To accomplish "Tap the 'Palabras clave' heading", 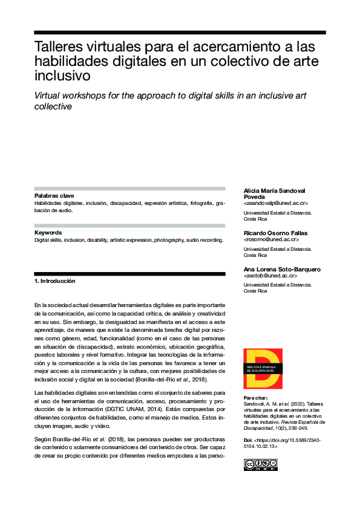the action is (54, 196).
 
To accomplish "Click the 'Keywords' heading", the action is (48, 232).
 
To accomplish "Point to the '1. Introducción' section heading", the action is (55, 281).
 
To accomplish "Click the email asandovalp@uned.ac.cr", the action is (275, 204).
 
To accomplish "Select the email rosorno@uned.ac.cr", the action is (271, 240).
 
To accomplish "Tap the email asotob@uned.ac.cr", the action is (270, 276).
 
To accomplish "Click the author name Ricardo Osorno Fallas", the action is (275, 233).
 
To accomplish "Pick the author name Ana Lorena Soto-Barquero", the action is (281, 269).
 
